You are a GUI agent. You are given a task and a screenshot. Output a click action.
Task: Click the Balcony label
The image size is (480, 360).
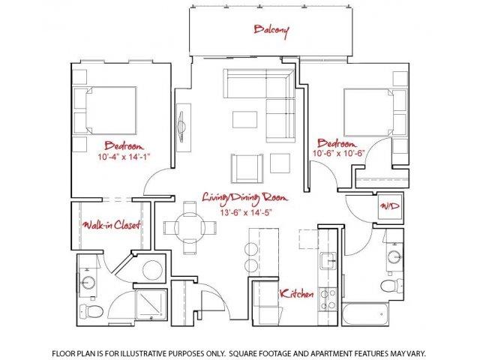(271, 30)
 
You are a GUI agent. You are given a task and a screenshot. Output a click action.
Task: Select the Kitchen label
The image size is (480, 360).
(296, 294)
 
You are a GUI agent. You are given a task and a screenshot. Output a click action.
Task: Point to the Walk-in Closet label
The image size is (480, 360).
(112, 224)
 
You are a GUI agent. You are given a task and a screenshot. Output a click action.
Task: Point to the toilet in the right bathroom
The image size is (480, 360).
(388, 286)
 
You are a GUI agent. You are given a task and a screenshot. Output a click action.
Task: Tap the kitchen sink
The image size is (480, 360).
(327, 262)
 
